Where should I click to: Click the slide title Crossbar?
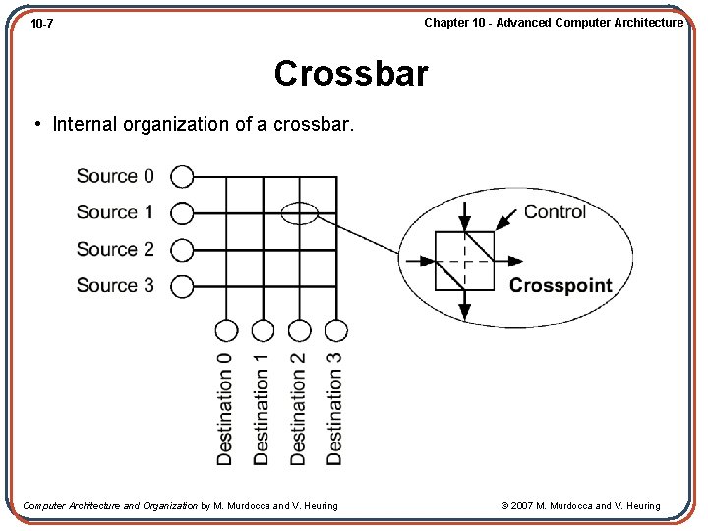(351, 74)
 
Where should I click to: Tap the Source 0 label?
(115, 176)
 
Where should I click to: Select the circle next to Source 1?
(182, 212)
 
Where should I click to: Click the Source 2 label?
(115, 249)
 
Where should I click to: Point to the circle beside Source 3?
(182, 286)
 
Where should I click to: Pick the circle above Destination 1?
(263, 330)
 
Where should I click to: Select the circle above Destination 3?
(336, 330)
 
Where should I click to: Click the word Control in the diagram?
(555, 211)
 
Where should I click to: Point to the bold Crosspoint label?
(560, 286)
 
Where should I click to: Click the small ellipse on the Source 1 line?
(300, 212)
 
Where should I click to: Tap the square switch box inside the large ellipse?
(465, 261)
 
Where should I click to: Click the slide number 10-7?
(42, 23)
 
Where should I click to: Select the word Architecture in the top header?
(645, 22)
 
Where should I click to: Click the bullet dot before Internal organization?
(36, 124)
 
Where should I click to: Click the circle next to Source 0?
(182, 176)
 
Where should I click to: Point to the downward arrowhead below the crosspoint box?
(465, 312)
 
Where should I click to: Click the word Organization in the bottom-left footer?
(171, 506)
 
